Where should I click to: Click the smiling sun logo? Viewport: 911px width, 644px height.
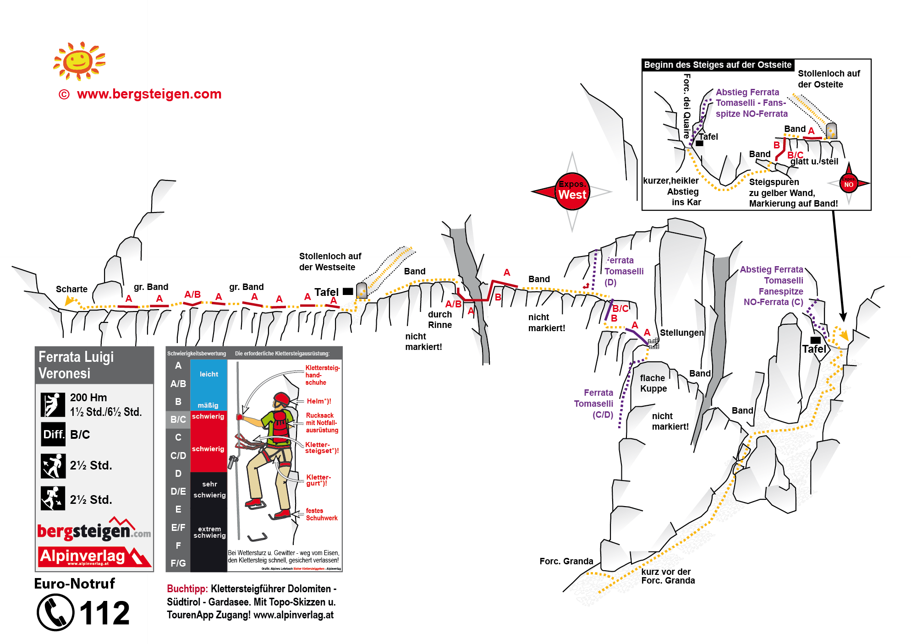79,61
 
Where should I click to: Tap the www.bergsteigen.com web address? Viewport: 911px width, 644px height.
149,94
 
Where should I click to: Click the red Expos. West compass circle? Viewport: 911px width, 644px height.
572,191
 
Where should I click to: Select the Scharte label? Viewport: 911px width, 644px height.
71,289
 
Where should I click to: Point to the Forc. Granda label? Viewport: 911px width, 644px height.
566,561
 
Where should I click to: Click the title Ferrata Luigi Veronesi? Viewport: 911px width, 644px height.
76,365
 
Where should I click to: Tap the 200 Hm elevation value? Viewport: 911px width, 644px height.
88,398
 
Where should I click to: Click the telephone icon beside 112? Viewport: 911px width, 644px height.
55,612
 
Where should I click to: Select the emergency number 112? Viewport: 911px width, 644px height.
105,613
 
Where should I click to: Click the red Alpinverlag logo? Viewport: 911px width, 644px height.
94,557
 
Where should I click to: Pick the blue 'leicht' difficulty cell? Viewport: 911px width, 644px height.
209,374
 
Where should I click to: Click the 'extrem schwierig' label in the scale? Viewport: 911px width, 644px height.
209,532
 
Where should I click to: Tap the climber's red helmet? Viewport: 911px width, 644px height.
281,398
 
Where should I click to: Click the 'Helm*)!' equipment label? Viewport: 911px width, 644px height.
318,401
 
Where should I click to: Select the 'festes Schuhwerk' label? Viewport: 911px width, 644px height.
321,514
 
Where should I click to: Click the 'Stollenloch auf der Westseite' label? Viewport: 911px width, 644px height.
330,262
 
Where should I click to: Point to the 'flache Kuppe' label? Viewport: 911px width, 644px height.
653,383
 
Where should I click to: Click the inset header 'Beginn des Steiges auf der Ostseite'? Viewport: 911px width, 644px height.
718,65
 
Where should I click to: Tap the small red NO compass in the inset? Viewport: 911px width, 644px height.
848,184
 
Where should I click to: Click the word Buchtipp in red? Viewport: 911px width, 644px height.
187,589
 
